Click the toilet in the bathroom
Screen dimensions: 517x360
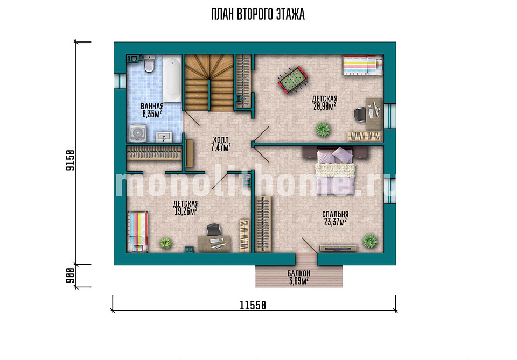pyautogui.click(x=149, y=63)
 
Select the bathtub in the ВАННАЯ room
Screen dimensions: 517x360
pyautogui.click(x=172, y=79)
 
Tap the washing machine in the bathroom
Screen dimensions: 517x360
pyautogui.click(x=138, y=133)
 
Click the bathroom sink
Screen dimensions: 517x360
pyautogui.click(x=164, y=137)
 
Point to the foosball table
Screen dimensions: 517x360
pyautogui.click(x=293, y=80)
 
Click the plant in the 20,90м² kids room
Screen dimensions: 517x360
pyautogui.click(x=323, y=129)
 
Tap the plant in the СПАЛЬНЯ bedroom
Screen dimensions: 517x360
pyautogui.click(x=370, y=241)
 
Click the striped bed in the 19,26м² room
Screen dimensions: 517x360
pyautogui.click(x=137, y=232)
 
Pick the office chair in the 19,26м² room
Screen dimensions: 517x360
pyautogui.click(x=214, y=230)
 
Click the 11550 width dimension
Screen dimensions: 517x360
pyautogui.click(x=253, y=306)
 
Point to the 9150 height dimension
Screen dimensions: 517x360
pyautogui.click(x=70, y=160)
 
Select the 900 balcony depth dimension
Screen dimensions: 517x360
pyautogui.click(x=70, y=276)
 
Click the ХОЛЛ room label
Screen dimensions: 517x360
pyautogui.click(x=221, y=140)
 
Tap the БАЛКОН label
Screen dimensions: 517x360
pyautogui.click(x=299, y=273)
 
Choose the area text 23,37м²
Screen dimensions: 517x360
pyautogui.click(x=336, y=222)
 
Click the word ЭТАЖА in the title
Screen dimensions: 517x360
pyautogui.click(x=290, y=15)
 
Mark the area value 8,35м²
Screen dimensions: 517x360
pyautogui.click(x=152, y=114)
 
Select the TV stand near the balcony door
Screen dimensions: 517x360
pyautogui.click(x=338, y=248)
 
